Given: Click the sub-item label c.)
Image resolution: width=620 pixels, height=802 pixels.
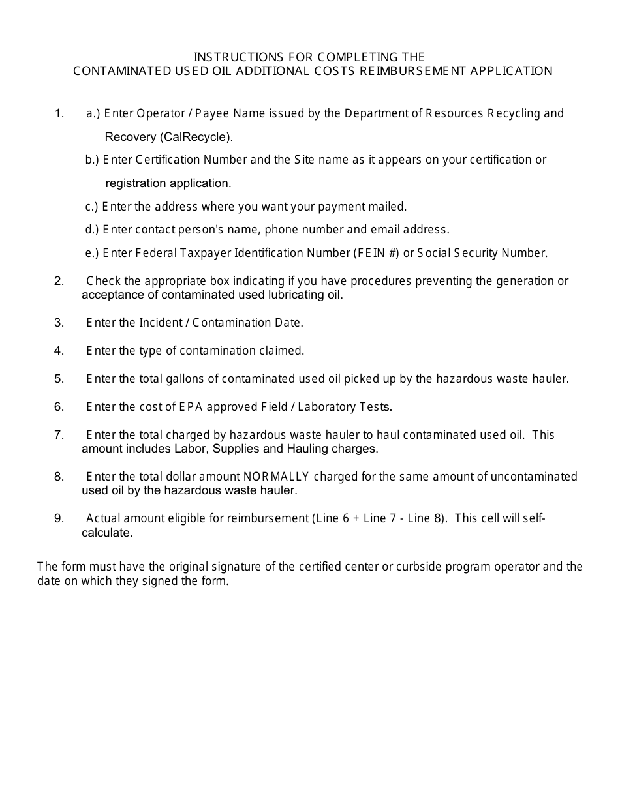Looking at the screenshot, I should (92, 207).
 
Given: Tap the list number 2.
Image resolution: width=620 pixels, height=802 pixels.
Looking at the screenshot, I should (59, 281).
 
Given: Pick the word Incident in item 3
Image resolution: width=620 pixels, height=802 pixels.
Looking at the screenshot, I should (162, 323).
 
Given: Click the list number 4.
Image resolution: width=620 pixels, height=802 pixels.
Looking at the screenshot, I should (59, 351).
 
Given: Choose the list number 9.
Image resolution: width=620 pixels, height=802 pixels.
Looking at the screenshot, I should (59, 518).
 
